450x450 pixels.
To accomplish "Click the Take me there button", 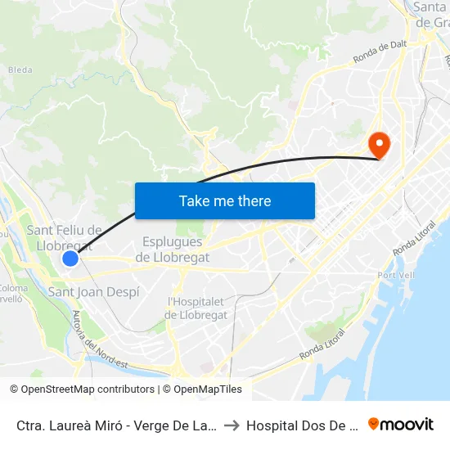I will pos(225,200).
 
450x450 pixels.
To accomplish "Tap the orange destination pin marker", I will pos(380,146).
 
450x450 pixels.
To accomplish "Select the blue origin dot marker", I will pos(70,259).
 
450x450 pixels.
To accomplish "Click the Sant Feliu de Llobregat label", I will pos(65,238).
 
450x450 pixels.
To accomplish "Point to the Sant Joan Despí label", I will pos(94,292).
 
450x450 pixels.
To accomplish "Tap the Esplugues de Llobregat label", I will pos(176,250).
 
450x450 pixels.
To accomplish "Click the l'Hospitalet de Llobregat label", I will pos(196,308).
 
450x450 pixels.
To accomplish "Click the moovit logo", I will pos(400,425).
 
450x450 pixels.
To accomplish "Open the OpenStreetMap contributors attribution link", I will pos(82,389).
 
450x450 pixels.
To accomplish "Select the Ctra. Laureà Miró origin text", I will pos(115,425).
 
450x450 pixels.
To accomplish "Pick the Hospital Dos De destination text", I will pos(302,425).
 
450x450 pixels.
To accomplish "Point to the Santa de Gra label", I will pos(431,15).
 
